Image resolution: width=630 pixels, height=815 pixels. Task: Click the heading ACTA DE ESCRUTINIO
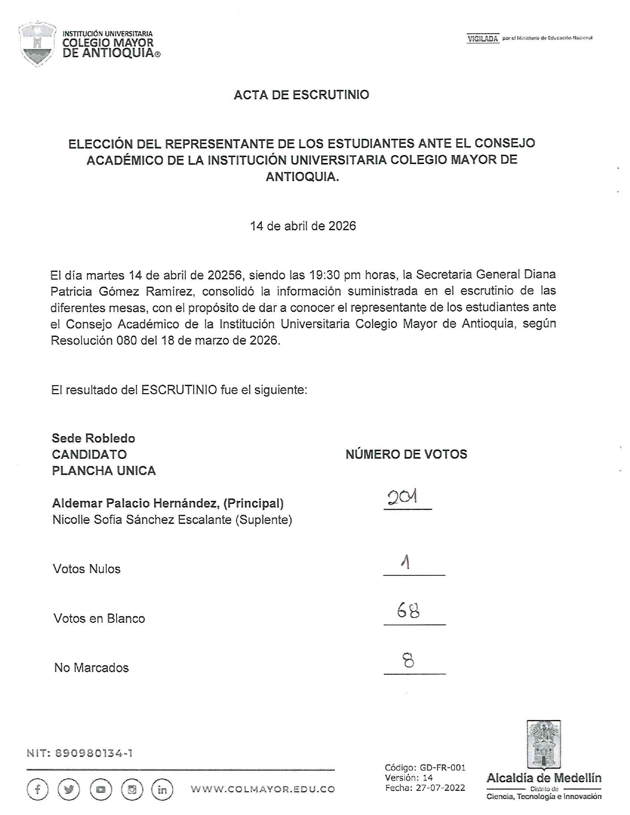click(301, 95)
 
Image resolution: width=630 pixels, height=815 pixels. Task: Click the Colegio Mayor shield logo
click(37, 44)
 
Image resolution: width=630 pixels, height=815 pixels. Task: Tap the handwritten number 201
click(403, 497)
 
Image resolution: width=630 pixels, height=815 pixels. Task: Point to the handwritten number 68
click(409, 611)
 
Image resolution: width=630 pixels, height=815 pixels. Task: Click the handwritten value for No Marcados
click(409, 660)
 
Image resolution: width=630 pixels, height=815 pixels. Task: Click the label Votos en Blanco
click(99, 618)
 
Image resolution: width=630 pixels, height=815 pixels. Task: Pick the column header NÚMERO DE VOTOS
click(406, 454)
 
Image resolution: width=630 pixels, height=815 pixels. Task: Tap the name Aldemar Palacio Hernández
click(136, 503)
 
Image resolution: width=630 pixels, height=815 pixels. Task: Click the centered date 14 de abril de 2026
click(303, 226)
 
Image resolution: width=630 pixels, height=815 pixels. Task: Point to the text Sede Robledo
click(93, 438)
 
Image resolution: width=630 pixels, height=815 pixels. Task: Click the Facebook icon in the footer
click(38, 789)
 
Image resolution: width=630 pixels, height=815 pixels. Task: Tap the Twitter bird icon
click(69, 789)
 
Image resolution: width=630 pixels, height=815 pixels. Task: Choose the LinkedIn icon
click(162, 789)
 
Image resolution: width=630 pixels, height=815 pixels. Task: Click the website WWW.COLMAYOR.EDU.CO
click(263, 789)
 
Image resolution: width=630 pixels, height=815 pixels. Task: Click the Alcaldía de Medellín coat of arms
click(543, 744)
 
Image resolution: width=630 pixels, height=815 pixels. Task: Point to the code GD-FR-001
click(443, 768)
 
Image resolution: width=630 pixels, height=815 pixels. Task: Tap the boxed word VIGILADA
click(483, 39)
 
